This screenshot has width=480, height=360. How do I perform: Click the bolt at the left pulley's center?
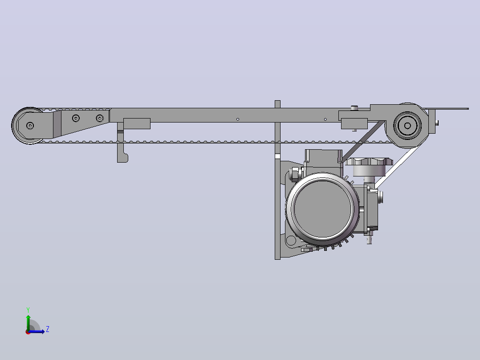click(x=30, y=126)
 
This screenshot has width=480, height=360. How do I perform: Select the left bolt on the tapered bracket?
click(x=76, y=118)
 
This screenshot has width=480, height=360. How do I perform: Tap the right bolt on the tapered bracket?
click(x=100, y=118)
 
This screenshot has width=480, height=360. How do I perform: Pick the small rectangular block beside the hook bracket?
click(x=137, y=123)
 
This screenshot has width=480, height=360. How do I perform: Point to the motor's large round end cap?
click(x=322, y=208)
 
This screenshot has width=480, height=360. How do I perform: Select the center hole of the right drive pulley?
click(x=407, y=125)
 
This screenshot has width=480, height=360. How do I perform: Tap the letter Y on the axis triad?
click(x=28, y=310)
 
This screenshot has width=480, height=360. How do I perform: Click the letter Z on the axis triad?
click(x=48, y=329)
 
